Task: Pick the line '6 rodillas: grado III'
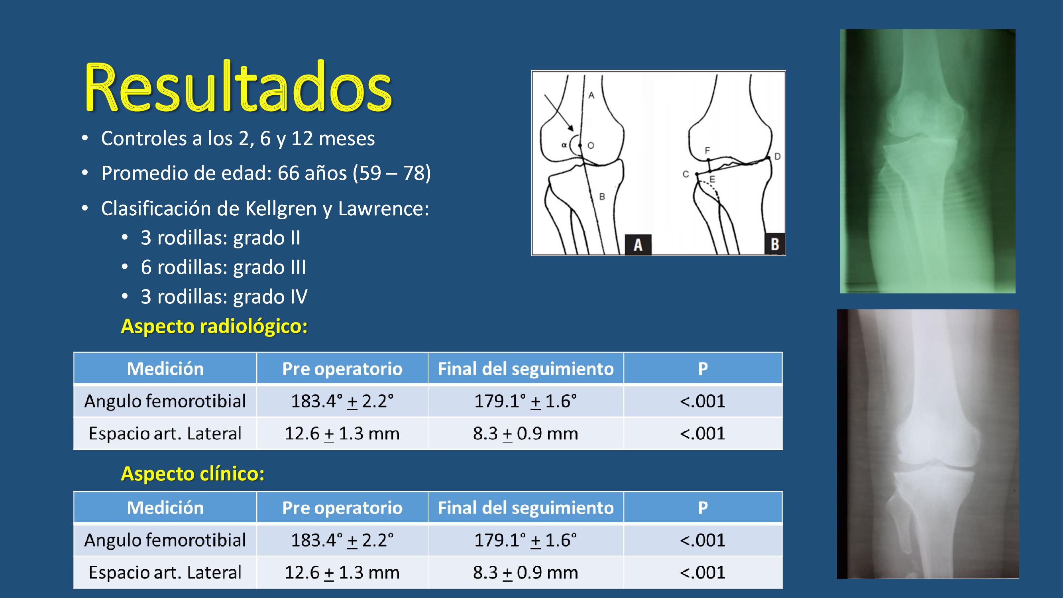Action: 223,267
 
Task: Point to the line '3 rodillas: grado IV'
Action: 224,297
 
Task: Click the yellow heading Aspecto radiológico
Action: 214,326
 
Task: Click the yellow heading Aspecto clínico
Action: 193,473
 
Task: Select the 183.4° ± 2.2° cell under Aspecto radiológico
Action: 342,401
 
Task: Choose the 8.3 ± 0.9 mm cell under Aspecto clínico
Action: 525,572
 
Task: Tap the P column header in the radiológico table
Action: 703,368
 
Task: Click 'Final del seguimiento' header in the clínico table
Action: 525,508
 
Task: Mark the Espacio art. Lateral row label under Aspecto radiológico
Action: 165,433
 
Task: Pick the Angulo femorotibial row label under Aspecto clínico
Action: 165,540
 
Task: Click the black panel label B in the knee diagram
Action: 774,244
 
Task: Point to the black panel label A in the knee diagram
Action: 638,244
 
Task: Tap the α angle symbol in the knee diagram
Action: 564,145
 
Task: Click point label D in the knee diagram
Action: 778,156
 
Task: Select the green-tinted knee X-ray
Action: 927,161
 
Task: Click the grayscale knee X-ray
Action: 927,444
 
